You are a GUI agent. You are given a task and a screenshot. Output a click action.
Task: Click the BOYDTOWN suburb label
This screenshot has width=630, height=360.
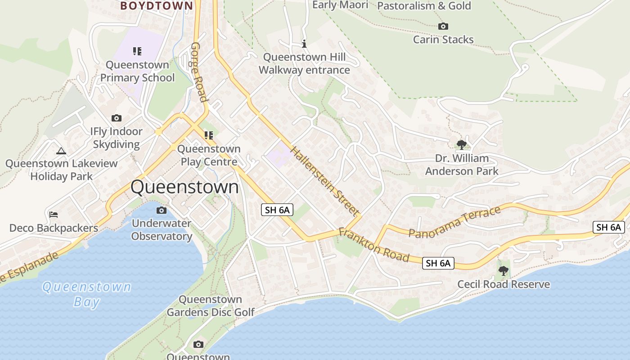(157, 5)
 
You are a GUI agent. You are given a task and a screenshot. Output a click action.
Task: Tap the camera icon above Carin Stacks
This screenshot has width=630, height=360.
(443, 27)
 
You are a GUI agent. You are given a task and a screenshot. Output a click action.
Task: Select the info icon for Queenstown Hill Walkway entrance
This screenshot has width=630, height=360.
(304, 44)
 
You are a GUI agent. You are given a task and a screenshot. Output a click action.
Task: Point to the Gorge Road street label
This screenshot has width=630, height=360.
(199, 72)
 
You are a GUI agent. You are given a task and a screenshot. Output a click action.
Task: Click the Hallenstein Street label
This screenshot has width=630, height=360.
(325, 180)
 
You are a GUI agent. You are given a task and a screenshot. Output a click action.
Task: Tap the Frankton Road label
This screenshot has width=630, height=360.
(373, 245)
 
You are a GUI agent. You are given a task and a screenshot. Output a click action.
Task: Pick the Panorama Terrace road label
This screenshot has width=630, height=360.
(454, 222)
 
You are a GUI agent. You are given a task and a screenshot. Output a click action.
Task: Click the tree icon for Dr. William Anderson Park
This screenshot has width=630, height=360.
(461, 144)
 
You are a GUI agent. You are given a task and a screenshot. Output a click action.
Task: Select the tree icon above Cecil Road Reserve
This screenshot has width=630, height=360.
(503, 271)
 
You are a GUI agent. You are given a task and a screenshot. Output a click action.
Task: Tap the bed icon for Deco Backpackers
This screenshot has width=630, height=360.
(54, 214)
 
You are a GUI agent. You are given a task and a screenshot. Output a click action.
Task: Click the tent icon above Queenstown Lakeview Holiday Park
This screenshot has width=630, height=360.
(61, 151)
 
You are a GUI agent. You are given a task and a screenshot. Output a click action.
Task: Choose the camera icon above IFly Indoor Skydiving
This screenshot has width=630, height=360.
(117, 118)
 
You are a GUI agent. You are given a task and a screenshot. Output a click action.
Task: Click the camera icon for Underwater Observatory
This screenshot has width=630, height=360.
(162, 210)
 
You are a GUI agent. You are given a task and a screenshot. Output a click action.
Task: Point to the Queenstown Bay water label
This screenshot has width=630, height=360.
(86, 294)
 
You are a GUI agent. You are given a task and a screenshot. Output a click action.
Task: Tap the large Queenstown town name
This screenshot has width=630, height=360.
(184, 187)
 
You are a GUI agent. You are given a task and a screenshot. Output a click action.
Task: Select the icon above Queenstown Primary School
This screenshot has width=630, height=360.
(137, 51)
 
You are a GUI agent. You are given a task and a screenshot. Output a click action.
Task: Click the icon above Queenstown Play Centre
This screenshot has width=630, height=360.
(208, 135)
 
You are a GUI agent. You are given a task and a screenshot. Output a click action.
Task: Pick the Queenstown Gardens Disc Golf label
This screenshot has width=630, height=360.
(211, 306)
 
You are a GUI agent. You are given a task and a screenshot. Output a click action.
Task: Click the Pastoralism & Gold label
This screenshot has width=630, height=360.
(424, 6)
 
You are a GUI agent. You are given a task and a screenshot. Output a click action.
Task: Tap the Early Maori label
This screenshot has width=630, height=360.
(340, 5)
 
